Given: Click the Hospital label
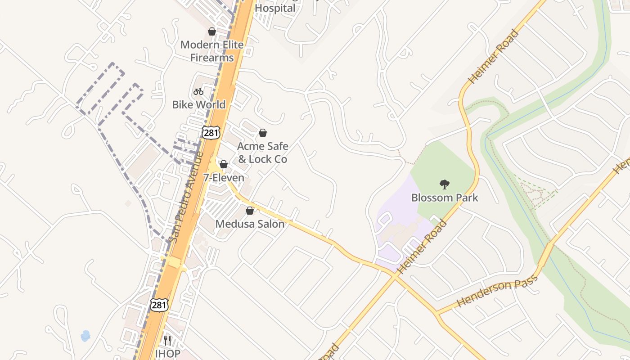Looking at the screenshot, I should tap(275, 8).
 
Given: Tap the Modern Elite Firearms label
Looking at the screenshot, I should tap(212, 51).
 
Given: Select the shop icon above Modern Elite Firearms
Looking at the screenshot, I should tap(212, 31).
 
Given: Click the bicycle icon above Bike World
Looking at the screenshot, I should tap(198, 91).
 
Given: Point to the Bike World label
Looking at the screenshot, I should tap(198, 104).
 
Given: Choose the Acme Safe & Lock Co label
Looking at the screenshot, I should tap(262, 153).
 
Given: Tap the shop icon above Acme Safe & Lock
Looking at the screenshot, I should tap(263, 133).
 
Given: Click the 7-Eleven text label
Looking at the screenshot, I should tap(224, 178).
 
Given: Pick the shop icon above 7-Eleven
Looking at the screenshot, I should tap(224, 164).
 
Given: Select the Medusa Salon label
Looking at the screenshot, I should tap(250, 224).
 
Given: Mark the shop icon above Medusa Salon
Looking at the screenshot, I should tap(250, 211).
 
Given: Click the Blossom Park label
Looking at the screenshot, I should tap(445, 198).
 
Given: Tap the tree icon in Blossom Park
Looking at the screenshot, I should tap(445, 184).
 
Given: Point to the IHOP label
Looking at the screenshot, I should tap(167, 353).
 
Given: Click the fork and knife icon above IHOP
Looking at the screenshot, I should tap(167, 340).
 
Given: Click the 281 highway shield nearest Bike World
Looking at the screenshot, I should tap(211, 132).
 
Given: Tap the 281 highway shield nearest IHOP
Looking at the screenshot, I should tap(159, 305).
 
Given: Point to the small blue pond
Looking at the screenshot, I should tap(85, 336).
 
